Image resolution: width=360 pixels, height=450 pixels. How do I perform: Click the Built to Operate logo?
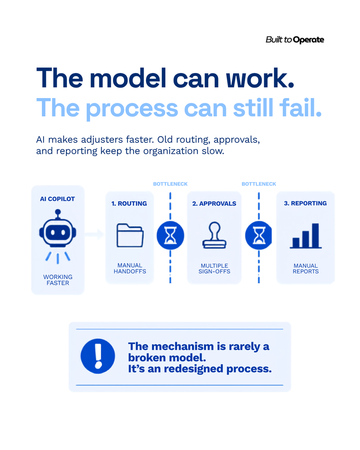coord(295,40)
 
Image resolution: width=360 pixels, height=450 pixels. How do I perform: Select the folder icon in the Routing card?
coord(130,235)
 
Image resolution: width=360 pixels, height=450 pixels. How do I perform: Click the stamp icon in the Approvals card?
coord(215,235)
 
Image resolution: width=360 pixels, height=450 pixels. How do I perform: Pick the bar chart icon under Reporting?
coord(305,236)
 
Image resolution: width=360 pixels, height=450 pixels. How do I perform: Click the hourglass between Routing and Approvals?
coord(170,236)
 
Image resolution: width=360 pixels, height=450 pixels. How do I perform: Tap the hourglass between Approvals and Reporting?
coord(258,236)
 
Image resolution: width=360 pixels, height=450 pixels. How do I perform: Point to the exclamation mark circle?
coord(98,356)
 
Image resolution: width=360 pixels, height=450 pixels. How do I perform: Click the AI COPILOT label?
coord(58,199)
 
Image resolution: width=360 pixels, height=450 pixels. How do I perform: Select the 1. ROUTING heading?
coord(129,203)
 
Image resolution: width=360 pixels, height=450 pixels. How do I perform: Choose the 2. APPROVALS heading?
coord(214,203)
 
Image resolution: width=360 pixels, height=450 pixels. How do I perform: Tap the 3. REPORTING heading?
coord(305,203)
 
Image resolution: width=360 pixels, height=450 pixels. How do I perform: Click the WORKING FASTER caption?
coord(58,280)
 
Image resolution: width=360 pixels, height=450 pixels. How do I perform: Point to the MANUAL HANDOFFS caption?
coord(130,269)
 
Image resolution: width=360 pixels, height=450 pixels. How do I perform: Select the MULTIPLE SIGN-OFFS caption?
coord(215,269)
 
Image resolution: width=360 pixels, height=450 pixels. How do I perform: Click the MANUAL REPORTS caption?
coord(306,269)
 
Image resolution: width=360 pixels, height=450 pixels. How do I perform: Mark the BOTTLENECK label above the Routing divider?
coord(170,184)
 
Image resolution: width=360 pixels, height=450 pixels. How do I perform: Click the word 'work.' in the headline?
coord(260,78)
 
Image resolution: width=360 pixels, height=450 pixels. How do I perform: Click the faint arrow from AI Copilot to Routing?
coord(94,235)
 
